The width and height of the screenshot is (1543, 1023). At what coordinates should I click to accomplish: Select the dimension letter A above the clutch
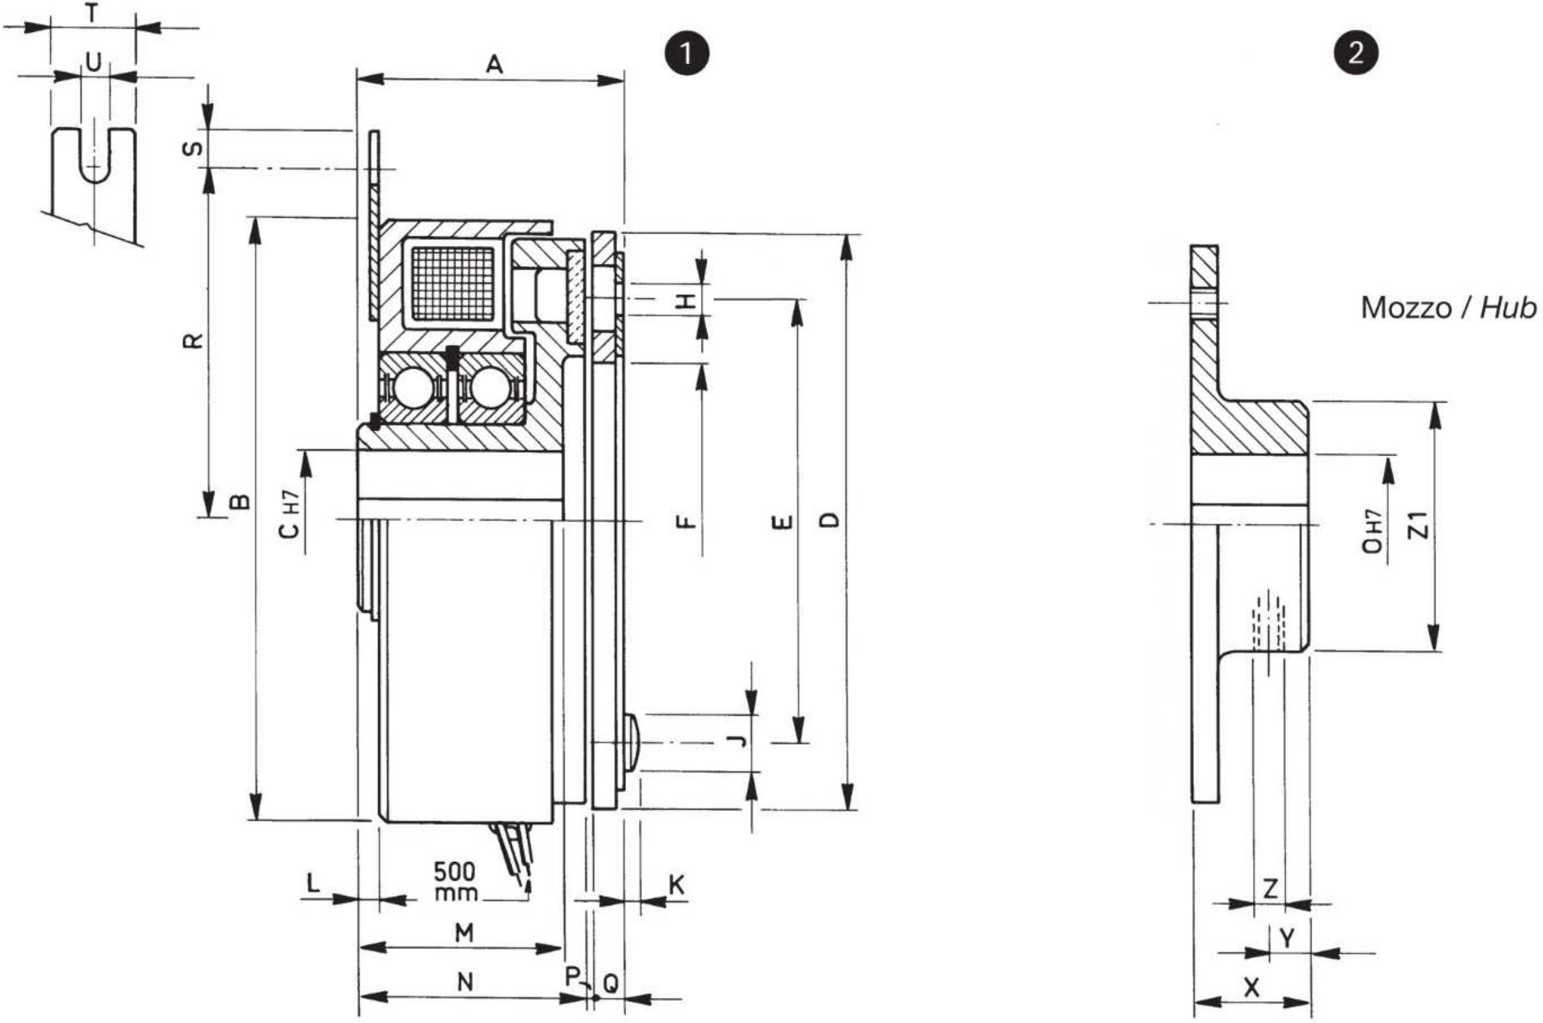[495, 64]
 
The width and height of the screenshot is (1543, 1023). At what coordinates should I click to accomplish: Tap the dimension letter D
[829, 520]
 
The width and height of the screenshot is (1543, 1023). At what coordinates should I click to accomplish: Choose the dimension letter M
[464, 933]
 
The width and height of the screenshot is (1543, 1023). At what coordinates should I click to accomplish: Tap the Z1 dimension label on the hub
[1419, 525]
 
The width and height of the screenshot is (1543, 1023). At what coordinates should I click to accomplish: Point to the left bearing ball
[413, 389]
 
